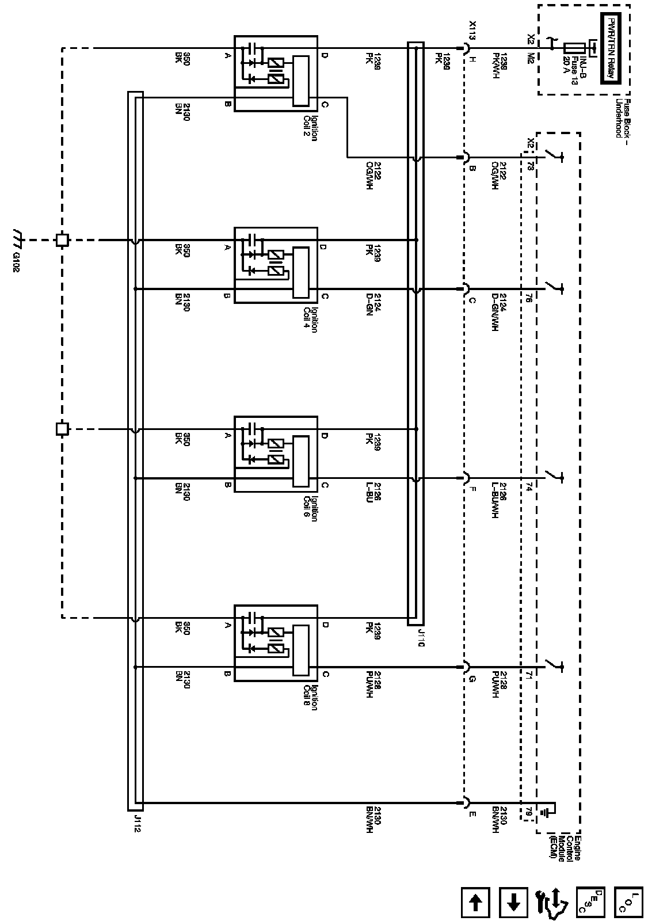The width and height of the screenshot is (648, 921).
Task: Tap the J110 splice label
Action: pos(422,638)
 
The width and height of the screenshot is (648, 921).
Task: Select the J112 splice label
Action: pos(138,823)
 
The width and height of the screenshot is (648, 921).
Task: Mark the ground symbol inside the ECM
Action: pos(547,812)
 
